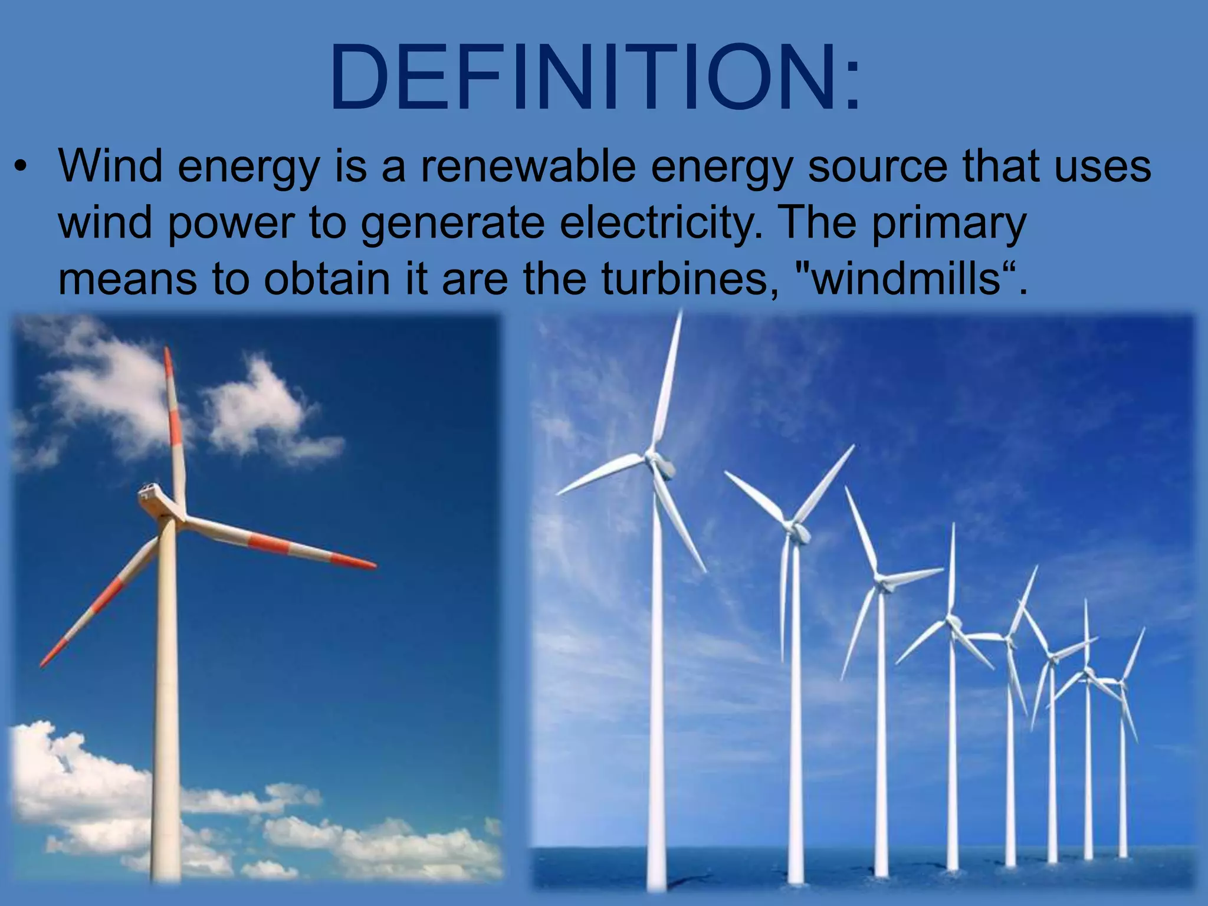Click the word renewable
pyautogui.click(x=528, y=167)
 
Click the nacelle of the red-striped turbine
pyautogui.click(x=151, y=495)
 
